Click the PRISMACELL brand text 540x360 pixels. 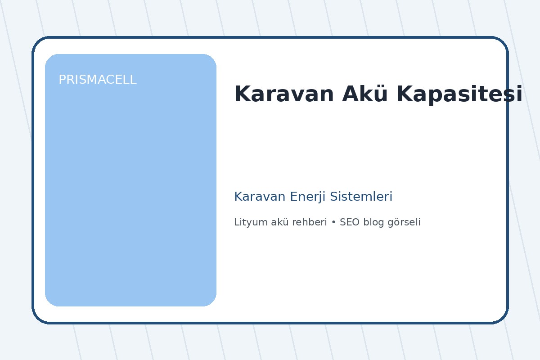pos(97,80)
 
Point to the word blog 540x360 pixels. pos(372,222)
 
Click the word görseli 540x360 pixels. pos(404,222)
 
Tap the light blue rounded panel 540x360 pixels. pos(130,189)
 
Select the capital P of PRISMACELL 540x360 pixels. pos(62,80)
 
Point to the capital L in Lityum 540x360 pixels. pos(237,222)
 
